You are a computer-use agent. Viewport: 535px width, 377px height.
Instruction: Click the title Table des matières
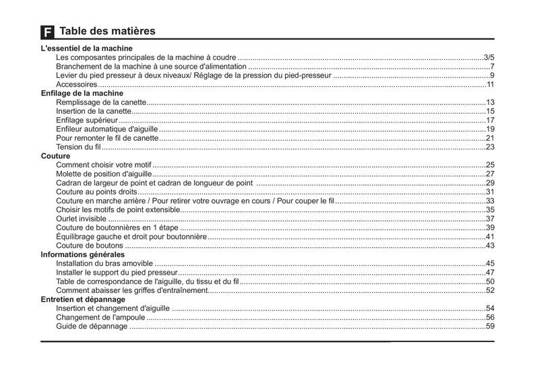(107, 31)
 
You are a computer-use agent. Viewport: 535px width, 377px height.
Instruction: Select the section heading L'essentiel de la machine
(86, 48)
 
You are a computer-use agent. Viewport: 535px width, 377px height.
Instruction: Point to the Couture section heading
(55, 156)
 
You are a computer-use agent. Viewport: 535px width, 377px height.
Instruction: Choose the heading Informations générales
(82, 254)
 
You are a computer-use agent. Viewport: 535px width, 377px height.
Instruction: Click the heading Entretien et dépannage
(83, 299)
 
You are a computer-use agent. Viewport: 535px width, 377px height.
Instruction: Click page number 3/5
(489, 57)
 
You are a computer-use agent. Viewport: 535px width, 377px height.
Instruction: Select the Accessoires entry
(76, 84)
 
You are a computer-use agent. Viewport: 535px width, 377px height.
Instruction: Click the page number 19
(491, 129)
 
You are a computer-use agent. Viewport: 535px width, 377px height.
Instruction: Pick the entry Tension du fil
(78, 147)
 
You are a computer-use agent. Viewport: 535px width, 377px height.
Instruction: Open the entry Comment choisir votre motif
(104, 165)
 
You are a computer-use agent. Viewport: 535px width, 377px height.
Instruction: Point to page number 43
(491, 246)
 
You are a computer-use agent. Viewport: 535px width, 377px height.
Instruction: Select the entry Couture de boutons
(90, 246)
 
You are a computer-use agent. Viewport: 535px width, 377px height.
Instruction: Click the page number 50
(491, 281)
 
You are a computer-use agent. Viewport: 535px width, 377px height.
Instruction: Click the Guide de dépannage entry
(92, 326)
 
